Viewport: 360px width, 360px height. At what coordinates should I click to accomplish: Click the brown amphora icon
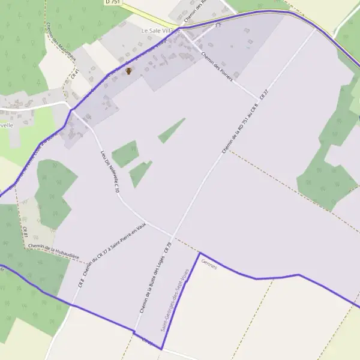pyautogui.click(x=128, y=71)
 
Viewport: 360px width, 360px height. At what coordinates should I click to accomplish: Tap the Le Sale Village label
pyautogui.click(x=158, y=31)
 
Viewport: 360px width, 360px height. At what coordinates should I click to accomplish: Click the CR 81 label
pyautogui.click(x=26, y=232)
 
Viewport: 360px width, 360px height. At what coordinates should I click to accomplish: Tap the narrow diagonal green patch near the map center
pyautogui.click(x=171, y=131)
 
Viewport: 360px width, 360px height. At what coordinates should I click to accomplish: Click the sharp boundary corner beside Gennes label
pyautogui.click(x=199, y=253)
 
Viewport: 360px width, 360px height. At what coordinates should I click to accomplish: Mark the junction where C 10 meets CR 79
pyautogui.click(x=172, y=236)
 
